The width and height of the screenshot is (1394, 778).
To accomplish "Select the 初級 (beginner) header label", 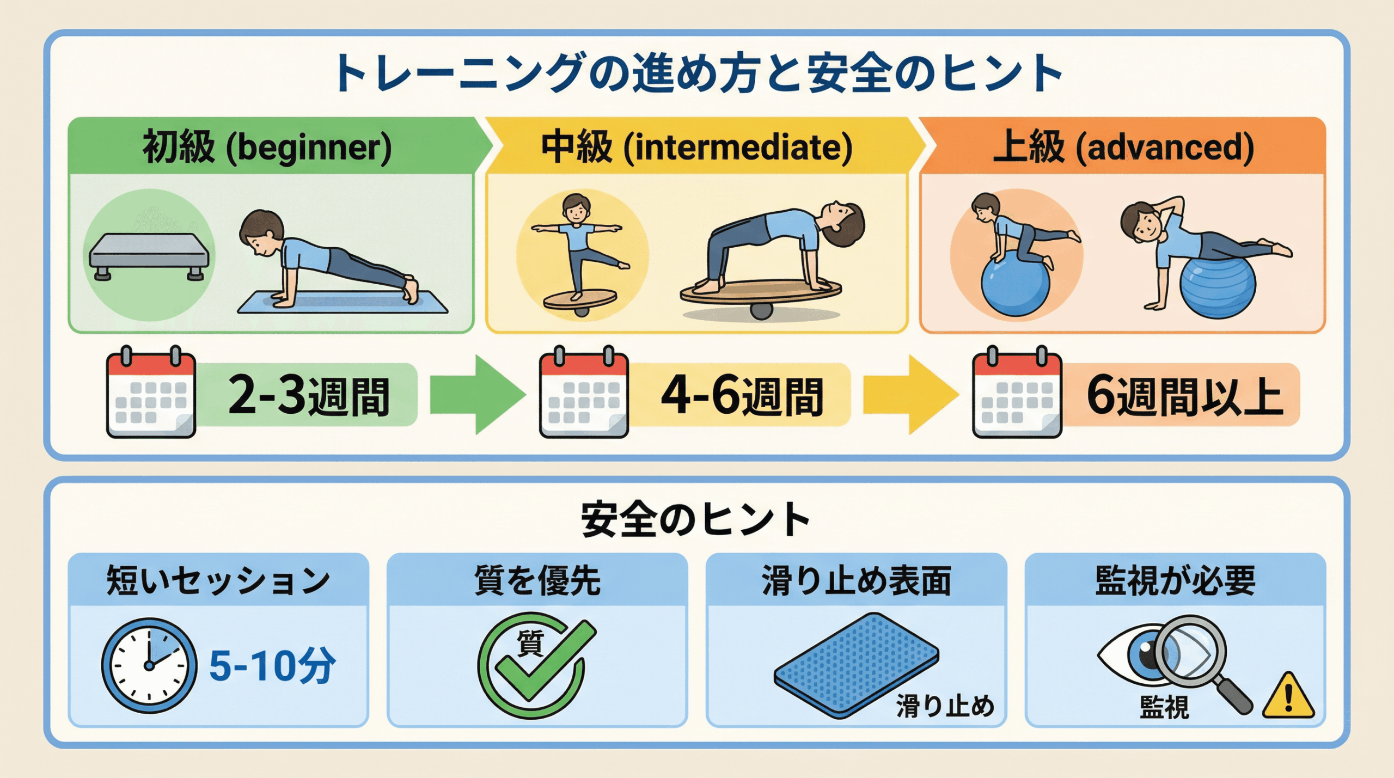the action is tap(267, 147).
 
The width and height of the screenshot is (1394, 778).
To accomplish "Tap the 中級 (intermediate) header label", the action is tap(697, 147).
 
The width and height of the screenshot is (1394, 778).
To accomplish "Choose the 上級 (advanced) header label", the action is tap(1123, 147).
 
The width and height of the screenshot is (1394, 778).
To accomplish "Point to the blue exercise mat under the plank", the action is tap(343, 303).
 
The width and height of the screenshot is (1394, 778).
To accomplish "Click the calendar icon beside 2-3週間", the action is tap(151, 392).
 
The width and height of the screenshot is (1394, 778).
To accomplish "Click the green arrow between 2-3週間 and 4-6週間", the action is tap(478, 395).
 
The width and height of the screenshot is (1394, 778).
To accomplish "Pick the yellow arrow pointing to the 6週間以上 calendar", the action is tap(911, 395).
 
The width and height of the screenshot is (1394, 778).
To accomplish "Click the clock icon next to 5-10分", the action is tap(149, 665).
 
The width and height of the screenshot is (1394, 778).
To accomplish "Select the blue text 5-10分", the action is tap(273, 665).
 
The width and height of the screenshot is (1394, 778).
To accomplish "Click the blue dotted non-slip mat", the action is tap(856, 665).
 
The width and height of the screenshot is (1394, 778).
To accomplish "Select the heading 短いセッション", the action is tap(218, 580).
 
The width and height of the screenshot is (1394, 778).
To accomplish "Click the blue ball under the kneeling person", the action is tap(1015, 285).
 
